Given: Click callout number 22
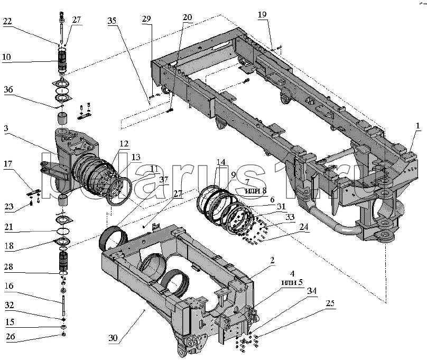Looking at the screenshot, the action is pyautogui.click(x=7, y=21).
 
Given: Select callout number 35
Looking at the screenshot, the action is pyautogui.click(x=112, y=21).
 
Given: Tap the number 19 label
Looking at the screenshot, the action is pyautogui.click(x=262, y=14).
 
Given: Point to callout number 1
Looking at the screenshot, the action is pyautogui.click(x=417, y=126).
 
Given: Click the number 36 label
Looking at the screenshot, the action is pyautogui.click(x=8, y=89).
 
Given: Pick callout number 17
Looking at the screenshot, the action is pyautogui.click(x=8, y=164).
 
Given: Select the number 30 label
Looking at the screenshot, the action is pyautogui.click(x=113, y=338).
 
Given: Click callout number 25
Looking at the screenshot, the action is pyautogui.click(x=330, y=303).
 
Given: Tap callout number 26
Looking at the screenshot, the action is pyautogui.click(x=11, y=336).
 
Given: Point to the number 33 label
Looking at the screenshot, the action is pyautogui.click(x=290, y=217).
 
